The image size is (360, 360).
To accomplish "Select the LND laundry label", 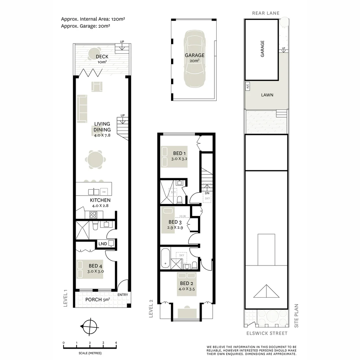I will point(103,244).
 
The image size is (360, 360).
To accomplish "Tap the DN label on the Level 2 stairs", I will point(207,193).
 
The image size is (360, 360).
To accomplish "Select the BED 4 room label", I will point(95,266).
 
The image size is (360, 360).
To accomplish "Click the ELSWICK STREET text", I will point(267,333).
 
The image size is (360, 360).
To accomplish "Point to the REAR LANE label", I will point(266,13).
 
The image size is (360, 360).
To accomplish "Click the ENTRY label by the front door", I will point(122,295).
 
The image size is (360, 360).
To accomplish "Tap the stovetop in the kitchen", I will point(93,214).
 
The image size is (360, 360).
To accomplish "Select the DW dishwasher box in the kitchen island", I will point(104,192).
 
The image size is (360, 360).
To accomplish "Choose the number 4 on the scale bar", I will point(116,343).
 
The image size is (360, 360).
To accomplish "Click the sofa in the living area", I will point(82,108).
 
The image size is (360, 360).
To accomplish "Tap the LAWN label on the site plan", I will point(267,95).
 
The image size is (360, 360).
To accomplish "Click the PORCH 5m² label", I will point(98,299).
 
